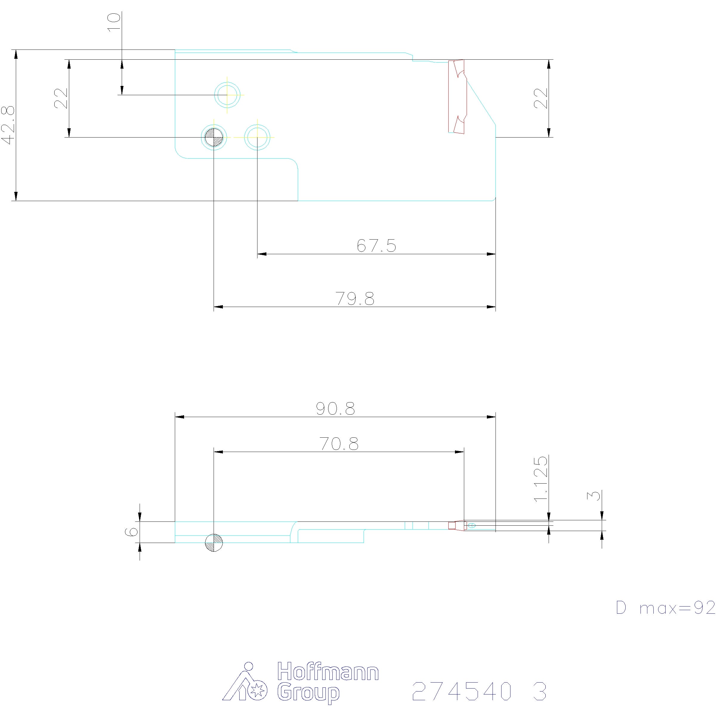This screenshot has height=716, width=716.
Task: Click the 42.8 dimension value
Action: tap(8, 125)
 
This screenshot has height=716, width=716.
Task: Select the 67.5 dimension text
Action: tap(376, 246)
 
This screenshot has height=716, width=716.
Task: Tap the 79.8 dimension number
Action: tap(355, 298)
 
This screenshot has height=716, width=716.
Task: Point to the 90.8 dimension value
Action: tap(335, 409)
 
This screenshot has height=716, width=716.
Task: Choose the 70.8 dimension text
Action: tap(339, 444)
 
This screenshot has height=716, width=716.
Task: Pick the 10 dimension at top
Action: tap(114, 22)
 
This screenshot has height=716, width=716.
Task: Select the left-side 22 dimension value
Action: tap(61, 98)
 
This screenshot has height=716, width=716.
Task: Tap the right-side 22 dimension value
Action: tap(541, 98)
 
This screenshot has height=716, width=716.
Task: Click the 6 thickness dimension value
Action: tap(132, 532)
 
